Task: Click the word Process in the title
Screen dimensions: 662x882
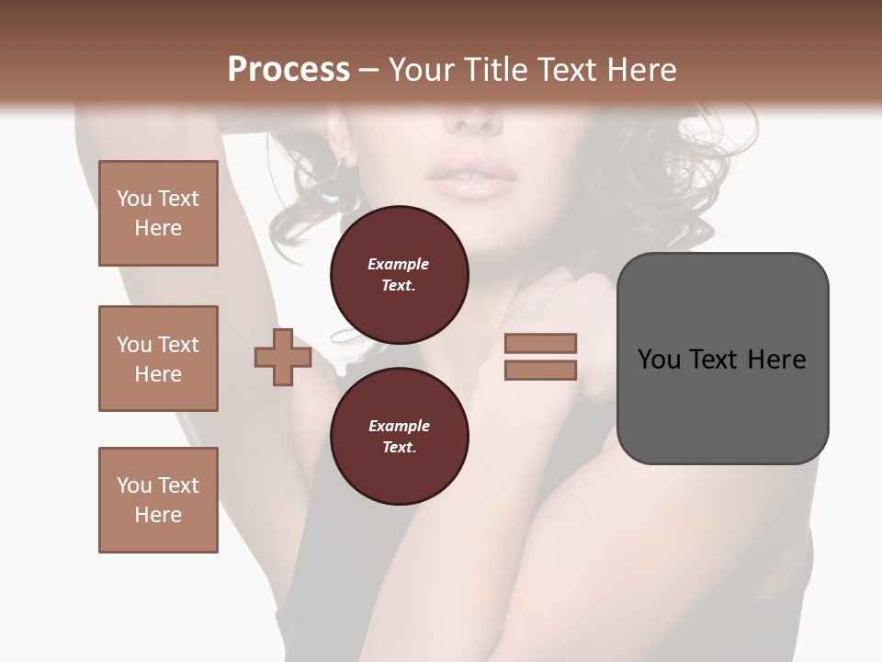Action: tap(288, 70)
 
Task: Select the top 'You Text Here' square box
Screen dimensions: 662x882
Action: tap(158, 213)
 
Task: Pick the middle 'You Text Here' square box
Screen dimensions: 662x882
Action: tap(158, 359)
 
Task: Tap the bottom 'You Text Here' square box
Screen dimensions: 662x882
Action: tap(158, 499)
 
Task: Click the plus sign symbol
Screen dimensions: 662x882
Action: tap(282, 357)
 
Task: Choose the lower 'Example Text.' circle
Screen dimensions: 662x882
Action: tap(399, 437)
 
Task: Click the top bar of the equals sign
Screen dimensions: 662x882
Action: tap(540, 343)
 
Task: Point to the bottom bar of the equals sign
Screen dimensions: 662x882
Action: tap(540, 370)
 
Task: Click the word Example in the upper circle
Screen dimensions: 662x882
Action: tap(399, 264)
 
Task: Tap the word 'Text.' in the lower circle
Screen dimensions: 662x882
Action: tap(399, 448)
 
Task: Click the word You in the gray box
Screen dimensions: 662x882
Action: tap(659, 360)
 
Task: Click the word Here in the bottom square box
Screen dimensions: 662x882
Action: tap(158, 515)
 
